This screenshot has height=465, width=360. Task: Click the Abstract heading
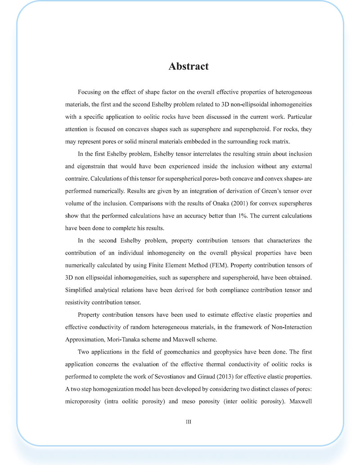click(189, 67)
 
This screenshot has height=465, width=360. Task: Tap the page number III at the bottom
click(189, 422)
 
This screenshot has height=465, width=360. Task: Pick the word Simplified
click(82, 290)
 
